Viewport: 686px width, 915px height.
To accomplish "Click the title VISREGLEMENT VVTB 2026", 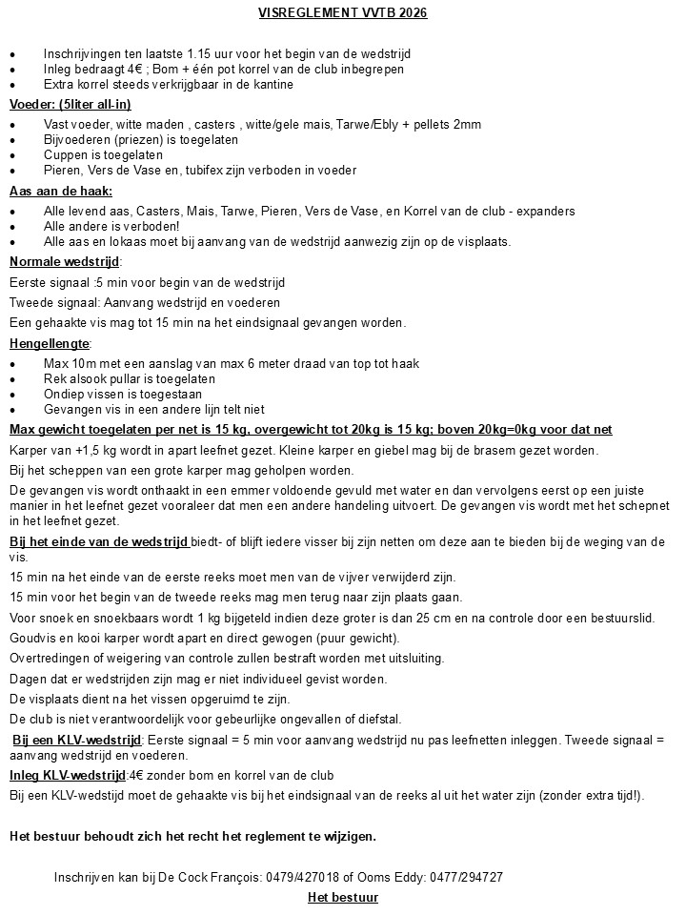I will click(343, 12).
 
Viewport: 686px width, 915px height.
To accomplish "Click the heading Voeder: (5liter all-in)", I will click(70, 104).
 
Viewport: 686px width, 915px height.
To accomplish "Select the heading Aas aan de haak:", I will click(61, 192).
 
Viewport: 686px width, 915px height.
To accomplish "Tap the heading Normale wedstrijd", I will click(65, 261).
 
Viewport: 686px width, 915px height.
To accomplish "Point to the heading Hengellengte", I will click(50, 343).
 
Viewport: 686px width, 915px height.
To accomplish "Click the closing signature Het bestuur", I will click(343, 898).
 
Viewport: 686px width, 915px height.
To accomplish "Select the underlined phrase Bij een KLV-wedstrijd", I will click(77, 740).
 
